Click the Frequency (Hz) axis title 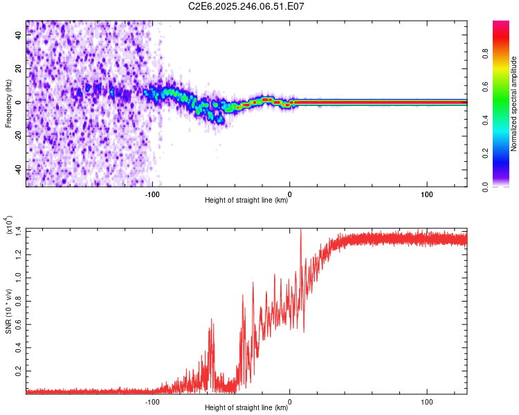(x=8, y=104)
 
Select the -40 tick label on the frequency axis (x=17, y=170)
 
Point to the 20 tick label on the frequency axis (x=19, y=68)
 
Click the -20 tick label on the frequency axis (x=17, y=136)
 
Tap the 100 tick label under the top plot (x=427, y=194)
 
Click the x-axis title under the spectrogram (x=246, y=201)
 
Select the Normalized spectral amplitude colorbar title (x=514, y=104)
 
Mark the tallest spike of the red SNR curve (x=300, y=230)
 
